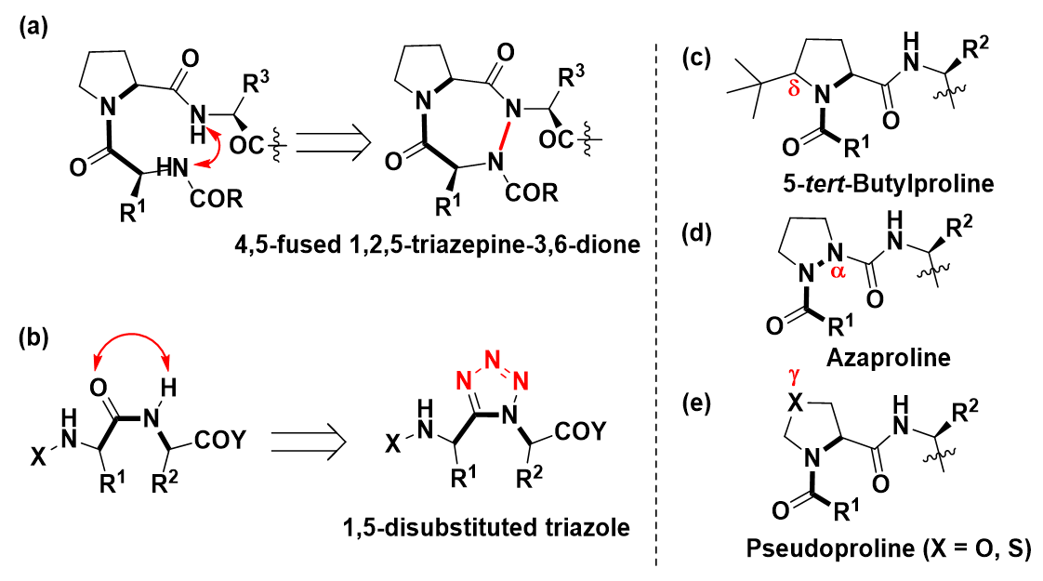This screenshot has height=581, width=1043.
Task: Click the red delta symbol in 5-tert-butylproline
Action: click(x=793, y=89)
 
